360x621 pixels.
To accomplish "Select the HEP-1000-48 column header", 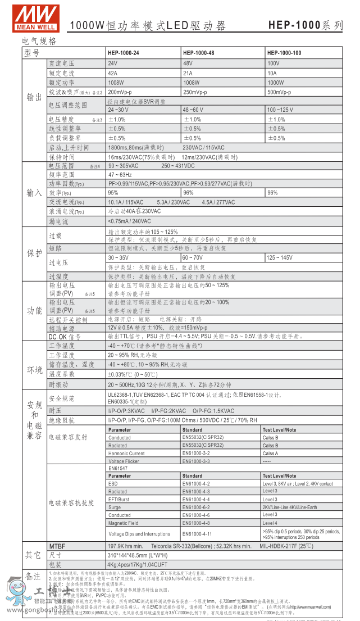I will coord(198,53).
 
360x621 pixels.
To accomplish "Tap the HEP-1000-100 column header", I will coord(284,53).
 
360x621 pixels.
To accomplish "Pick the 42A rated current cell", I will coord(113,73).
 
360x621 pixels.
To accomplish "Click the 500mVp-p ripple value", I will coord(279,92).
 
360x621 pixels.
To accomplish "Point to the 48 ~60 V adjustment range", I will coord(193,110).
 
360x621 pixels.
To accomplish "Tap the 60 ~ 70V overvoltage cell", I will coord(193,257).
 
